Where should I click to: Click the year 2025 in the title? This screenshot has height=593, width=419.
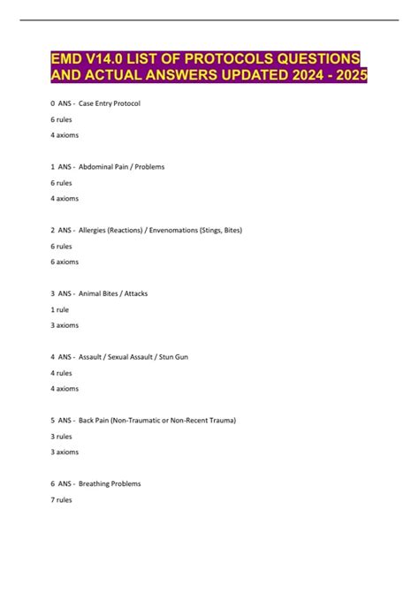tap(344, 76)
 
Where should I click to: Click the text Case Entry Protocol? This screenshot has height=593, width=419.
tap(110, 103)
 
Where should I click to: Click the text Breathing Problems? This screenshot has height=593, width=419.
tap(110, 483)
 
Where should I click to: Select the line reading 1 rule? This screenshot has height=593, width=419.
tap(62, 309)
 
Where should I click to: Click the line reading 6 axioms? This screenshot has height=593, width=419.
tap(66, 262)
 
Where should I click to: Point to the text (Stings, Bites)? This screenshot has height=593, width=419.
tap(219, 230)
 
